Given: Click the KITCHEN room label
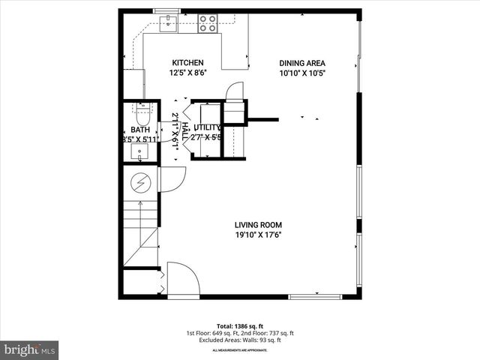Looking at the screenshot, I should coord(187,62).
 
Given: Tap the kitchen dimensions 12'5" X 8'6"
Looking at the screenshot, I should coord(187,73).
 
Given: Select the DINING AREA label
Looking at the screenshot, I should coord(303,63).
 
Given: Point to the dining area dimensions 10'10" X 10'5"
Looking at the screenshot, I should coord(303,73).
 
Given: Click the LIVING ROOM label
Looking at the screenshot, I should coord(258,224).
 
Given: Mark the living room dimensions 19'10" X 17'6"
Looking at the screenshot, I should coord(258,235).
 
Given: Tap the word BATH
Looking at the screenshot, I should coord(141,130).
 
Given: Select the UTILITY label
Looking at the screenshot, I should coord(207,128).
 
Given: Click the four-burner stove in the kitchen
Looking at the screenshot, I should coord(208,23).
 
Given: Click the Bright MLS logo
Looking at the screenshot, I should coord(30,349).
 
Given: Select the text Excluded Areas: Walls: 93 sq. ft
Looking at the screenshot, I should coord(240,339).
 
